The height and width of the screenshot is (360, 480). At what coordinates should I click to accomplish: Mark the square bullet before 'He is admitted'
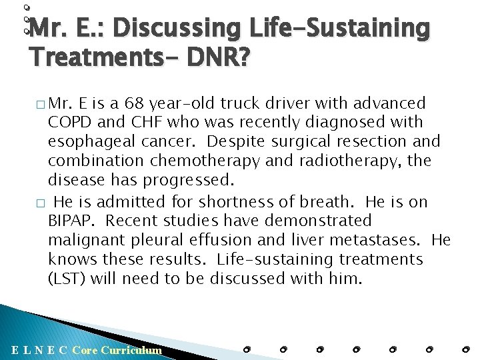click(x=41, y=202)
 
